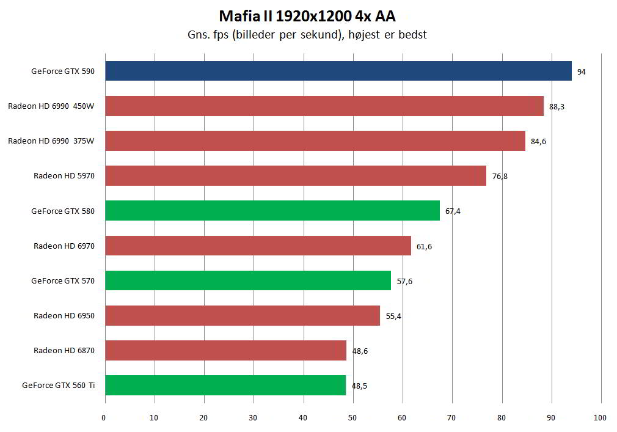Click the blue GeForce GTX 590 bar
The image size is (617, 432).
click(x=338, y=71)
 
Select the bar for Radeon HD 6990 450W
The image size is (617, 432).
click(x=324, y=106)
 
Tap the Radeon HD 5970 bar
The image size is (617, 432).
click(x=295, y=176)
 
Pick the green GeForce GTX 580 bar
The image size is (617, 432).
click(x=272, y=211)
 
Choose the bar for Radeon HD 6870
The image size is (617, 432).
click(x=225, y=351)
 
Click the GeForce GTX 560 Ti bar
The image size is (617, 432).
click(x=225, y=386)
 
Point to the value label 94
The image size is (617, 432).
click(x=581, y=72)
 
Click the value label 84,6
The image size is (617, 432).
click(x=538, y=142)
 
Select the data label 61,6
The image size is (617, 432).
click(x=424, y=246)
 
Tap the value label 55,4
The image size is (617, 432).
click(x=393, y=317)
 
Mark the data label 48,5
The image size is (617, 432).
click(x=360, y=386)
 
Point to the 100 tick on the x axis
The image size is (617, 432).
click(x=600, y=418)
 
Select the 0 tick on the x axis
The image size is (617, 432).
click(x=104, y=418)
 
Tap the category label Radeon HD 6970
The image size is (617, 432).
click(x=64, y=246)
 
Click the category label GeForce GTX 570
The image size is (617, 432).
click(x=63, y=281)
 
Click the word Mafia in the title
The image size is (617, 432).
click(x=238, y=15)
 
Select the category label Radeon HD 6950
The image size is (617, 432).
click(x=64, y=316)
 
